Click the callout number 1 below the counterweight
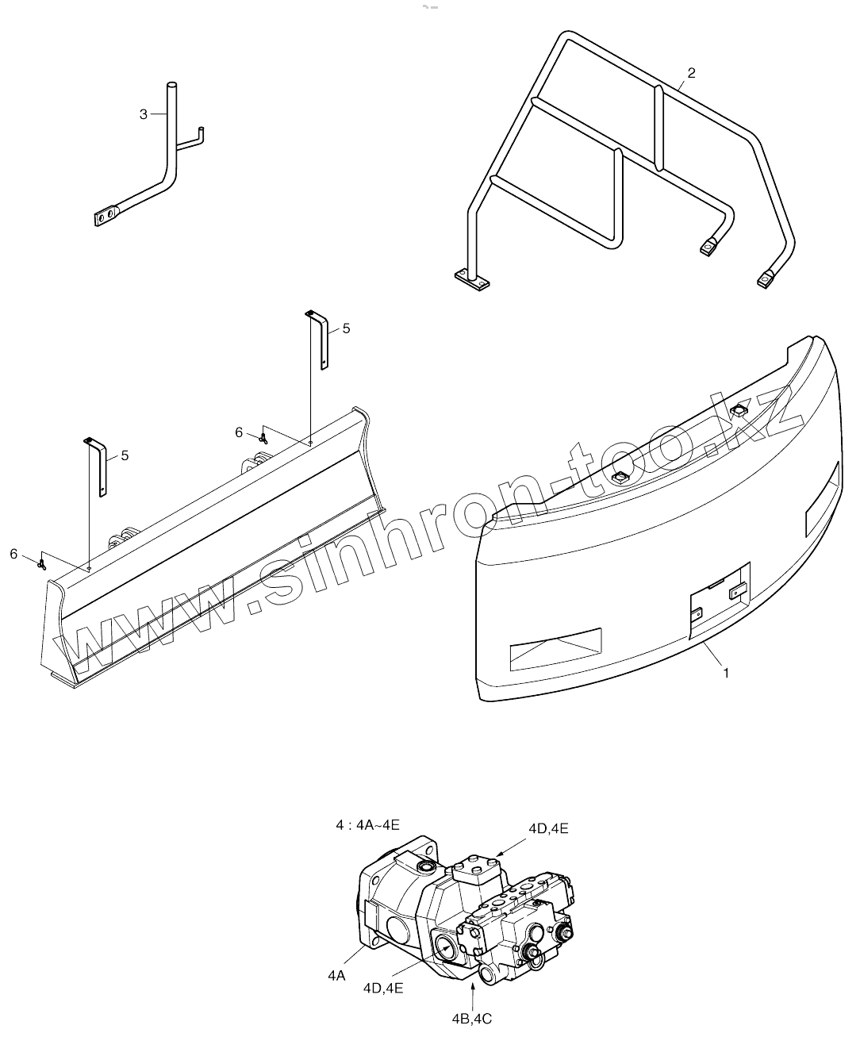click(x=726, y=674)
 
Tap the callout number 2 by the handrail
click(x=691, y=73)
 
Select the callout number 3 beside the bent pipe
click(x=144, y=114)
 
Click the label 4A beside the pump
click(x=336, y=977)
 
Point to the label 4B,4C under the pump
click(x=473, y=1018)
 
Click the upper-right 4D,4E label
click(x=548, y=828)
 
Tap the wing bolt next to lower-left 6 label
click(x=41, y=563)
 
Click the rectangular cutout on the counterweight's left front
click(x=555, y=645)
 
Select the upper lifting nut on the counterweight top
click(x=738, y=410)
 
